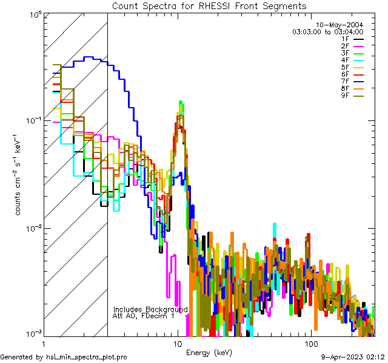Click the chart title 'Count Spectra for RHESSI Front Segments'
209,5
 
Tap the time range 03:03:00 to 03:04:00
328,31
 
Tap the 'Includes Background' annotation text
150,309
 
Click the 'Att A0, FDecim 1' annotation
143,316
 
